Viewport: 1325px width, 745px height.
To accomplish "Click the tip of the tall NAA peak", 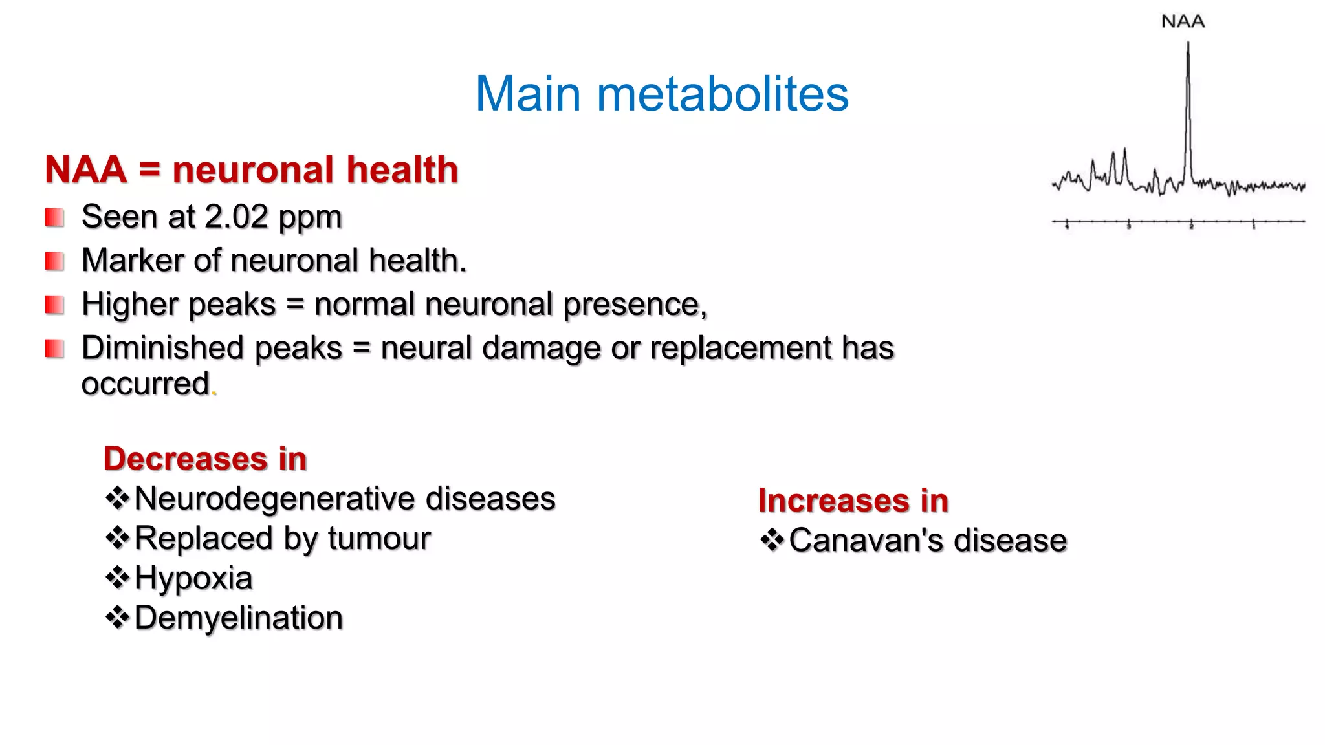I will coord(1188,44).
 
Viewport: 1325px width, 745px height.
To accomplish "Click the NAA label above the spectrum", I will coord(1183,21).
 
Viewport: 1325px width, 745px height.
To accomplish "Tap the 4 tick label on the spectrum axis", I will coord(1067,226).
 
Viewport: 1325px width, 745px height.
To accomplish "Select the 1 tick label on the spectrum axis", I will coord(1253,226).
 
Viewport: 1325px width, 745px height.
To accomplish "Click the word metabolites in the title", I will coord(722,94).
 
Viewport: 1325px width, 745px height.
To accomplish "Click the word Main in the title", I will coord(528,94).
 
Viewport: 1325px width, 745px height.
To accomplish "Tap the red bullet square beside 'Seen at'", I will coord(54,217).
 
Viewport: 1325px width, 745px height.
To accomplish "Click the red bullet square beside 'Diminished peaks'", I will coord(54,349).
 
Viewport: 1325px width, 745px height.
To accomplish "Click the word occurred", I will coord(146,383).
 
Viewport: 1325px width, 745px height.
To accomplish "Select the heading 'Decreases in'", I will coord(205,459).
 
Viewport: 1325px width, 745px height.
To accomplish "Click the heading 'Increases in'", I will coord(853,501).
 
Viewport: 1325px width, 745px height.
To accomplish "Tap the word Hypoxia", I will coord(193,578).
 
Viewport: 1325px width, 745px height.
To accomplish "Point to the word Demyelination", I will coord(238,618).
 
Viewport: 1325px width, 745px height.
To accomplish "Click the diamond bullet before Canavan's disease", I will coord(772,540).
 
